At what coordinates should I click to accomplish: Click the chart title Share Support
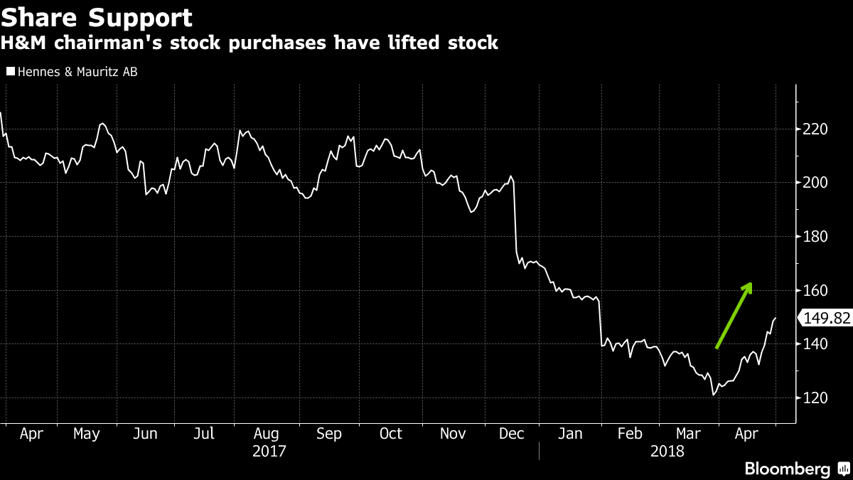coord(97,17)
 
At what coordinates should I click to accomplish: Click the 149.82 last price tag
coord(826,318)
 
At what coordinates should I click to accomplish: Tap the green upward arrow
coord(734,315)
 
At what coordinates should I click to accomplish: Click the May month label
coord(86,434)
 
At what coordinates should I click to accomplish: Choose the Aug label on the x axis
coord(266,434)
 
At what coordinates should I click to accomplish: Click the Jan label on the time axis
coord(569,434)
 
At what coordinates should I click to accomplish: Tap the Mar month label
coord(688,434)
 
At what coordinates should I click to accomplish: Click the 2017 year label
coord(269,451)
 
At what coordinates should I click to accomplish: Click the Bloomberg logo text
coord(787,469)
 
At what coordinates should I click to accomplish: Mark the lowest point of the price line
coord(713,395)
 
